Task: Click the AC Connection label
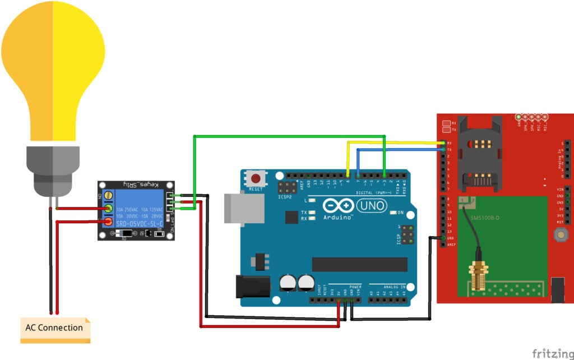pos(54,328)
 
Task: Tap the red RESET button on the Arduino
pos(256,179)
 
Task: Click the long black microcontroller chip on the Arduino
pos(359,264)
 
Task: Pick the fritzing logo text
pos(552,353)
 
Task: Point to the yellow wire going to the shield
pos(392,142)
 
